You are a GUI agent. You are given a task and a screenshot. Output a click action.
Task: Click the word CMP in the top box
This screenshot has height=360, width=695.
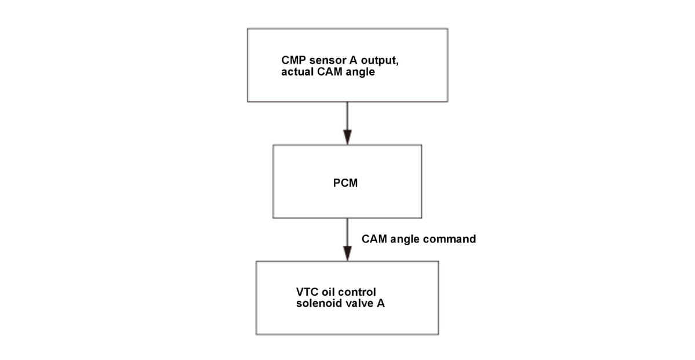291,61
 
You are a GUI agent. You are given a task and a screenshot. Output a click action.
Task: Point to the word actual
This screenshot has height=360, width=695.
296,72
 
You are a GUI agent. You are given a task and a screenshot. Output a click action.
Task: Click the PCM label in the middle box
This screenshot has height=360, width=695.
345,183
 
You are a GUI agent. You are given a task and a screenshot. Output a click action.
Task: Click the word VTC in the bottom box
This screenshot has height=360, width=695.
306,293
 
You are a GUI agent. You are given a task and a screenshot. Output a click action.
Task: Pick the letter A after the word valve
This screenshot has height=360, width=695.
381,304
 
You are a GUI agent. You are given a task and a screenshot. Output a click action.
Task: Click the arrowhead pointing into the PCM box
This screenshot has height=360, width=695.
347,137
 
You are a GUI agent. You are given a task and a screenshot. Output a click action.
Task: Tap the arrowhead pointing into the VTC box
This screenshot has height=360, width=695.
347,253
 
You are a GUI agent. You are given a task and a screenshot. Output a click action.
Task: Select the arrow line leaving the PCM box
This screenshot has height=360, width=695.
347,239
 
